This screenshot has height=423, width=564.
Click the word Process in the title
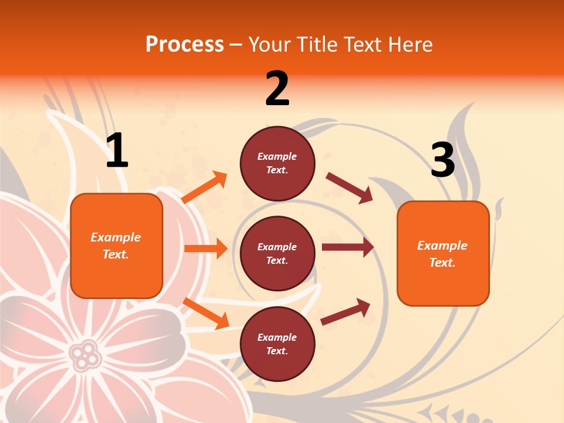tap(184, 45)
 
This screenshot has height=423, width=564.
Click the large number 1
tap(117, 151)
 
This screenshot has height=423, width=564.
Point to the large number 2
tap(277, 89)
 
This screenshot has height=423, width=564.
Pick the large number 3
tap(442, 160)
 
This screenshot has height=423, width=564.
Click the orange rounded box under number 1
tap(116, 246)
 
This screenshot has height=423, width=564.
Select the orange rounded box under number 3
tap(443, 253)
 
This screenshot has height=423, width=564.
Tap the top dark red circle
tap(277, 163)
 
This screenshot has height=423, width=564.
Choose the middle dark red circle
tap(277, 253)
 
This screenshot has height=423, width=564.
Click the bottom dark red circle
tap(277, 344)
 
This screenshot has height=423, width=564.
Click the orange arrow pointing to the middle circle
tap(206, 249)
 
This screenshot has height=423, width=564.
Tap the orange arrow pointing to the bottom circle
tap(206, 313)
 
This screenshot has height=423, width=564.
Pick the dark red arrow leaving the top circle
tap(349, 187)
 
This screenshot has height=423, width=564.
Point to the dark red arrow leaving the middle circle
tap(348, 247)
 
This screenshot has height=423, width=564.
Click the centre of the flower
tap(86, 355)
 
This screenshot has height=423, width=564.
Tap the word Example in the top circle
tap(277, 156)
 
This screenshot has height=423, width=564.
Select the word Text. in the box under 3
tap(442, 263)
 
